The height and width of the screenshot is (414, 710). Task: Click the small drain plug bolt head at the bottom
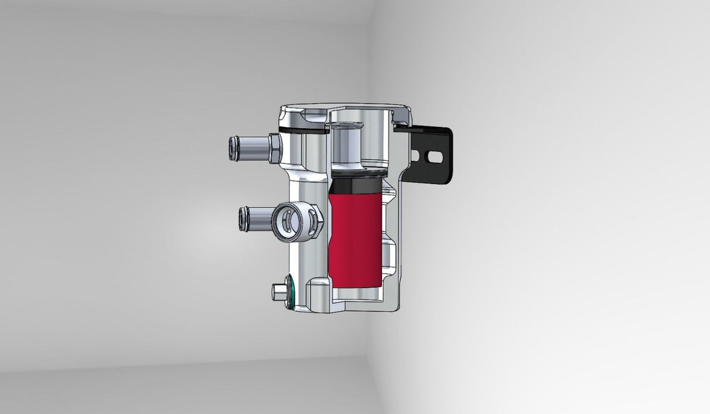278,291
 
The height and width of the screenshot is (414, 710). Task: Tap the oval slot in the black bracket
433,157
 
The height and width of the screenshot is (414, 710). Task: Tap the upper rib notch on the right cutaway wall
390,193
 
